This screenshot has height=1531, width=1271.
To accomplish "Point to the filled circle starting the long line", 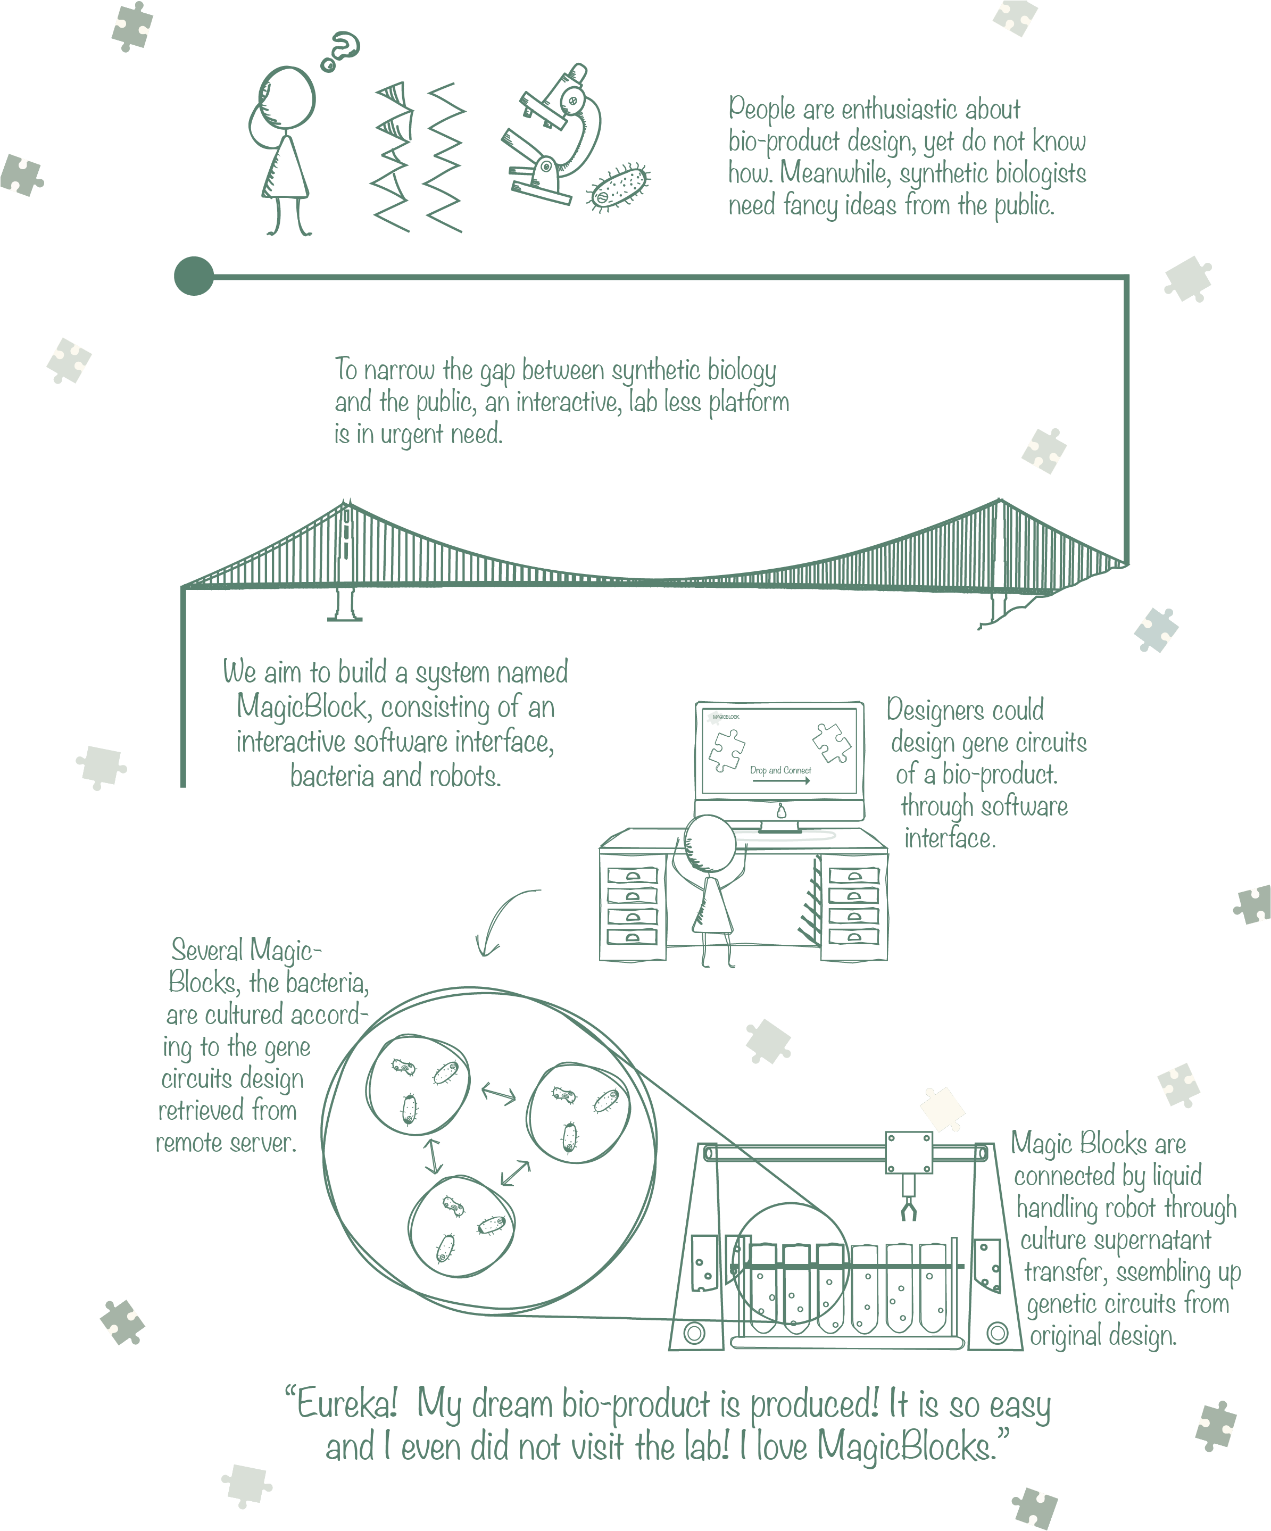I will [x=194, y=276].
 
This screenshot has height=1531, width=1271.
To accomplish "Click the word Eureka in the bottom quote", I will [x=347, y=1404].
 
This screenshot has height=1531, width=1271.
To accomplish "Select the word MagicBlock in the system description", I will [x=301, y=706].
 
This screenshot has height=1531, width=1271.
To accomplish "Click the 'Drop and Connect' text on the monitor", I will [x=780, y=770].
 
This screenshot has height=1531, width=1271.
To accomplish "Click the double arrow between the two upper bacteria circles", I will [x=499, y=1094].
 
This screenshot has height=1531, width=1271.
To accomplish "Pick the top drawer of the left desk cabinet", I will [x=632, y=875].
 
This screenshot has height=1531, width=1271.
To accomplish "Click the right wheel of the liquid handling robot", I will [x=997, y=1334].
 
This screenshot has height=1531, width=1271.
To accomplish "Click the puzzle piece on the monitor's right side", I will [x=832, y=742].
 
